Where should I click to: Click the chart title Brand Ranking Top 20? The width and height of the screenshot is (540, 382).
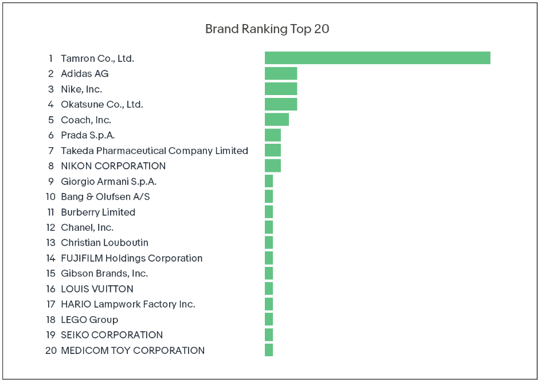(267, 29)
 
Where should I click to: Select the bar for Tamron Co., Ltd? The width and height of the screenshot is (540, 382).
(377, 58)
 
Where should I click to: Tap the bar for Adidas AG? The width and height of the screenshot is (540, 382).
(281, 73)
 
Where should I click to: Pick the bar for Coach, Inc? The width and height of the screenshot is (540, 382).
(277, 120)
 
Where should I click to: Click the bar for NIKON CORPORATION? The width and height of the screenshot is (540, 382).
(273, 166)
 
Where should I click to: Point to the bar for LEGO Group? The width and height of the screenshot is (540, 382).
(269, 320)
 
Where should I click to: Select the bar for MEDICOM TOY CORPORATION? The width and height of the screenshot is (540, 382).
(269, 350)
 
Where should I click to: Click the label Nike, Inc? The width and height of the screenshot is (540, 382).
(81, 89)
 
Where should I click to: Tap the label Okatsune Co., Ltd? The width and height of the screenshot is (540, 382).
(102, 104)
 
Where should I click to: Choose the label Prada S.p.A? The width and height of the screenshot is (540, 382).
(88, 135)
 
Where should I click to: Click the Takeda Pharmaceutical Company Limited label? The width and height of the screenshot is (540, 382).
(154, 151)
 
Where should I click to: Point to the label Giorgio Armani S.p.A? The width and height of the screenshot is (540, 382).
(108, 182)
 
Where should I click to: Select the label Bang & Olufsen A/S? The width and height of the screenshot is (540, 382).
(105, 196)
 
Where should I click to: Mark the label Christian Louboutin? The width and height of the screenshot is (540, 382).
(104, 243)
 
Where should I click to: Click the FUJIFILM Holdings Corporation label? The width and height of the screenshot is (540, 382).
(131, 258)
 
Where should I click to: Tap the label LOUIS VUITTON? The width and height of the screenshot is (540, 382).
(97, 289)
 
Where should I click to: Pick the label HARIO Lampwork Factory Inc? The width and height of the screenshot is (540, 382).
(128, 304)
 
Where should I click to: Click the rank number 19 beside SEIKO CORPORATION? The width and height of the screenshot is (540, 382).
(51, 335)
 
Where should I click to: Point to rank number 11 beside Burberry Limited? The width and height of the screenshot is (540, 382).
(50, 212)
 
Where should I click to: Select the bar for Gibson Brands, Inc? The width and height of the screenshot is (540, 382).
(269, 273)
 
